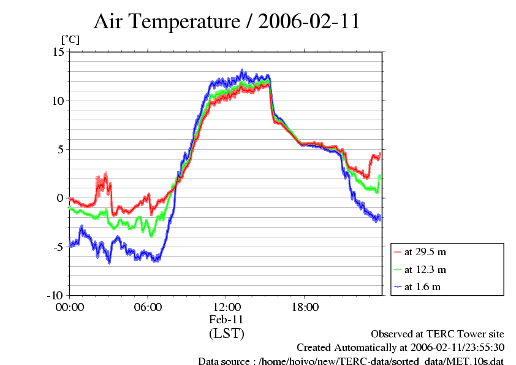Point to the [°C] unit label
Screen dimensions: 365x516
pyautogui.click(x=70, y=40)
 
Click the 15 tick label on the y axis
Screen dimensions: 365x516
pyautogui.click(x=58, y=52)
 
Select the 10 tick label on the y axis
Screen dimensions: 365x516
pyautogui.click(x=58, y=101)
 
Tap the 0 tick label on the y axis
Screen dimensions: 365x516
pyautogui.click(x=61, y=198)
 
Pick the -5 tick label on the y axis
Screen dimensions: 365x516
pyautogui.click(x=58, y=247)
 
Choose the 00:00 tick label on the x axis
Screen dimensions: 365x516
pyautogui.click(x=69, y=307)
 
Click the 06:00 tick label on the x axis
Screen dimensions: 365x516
pyautogui.click(x=148, y=307)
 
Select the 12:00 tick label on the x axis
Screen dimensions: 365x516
pyautogui.click(x=226, y=307)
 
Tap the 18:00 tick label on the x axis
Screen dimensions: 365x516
pyautogui.click(x=305, y=307)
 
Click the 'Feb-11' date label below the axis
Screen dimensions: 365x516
pyautogui.click(x=226, y=320)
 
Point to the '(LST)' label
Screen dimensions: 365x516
pyautogui.click(x=226, y=334)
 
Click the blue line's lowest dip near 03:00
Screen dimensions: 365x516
pyautogui.click(x=109, y=261)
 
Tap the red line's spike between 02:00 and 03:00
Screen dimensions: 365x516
pyautogui.click(x=105, y=177)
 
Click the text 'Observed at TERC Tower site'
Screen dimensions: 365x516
pyautogui.click(x=438, y=334)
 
